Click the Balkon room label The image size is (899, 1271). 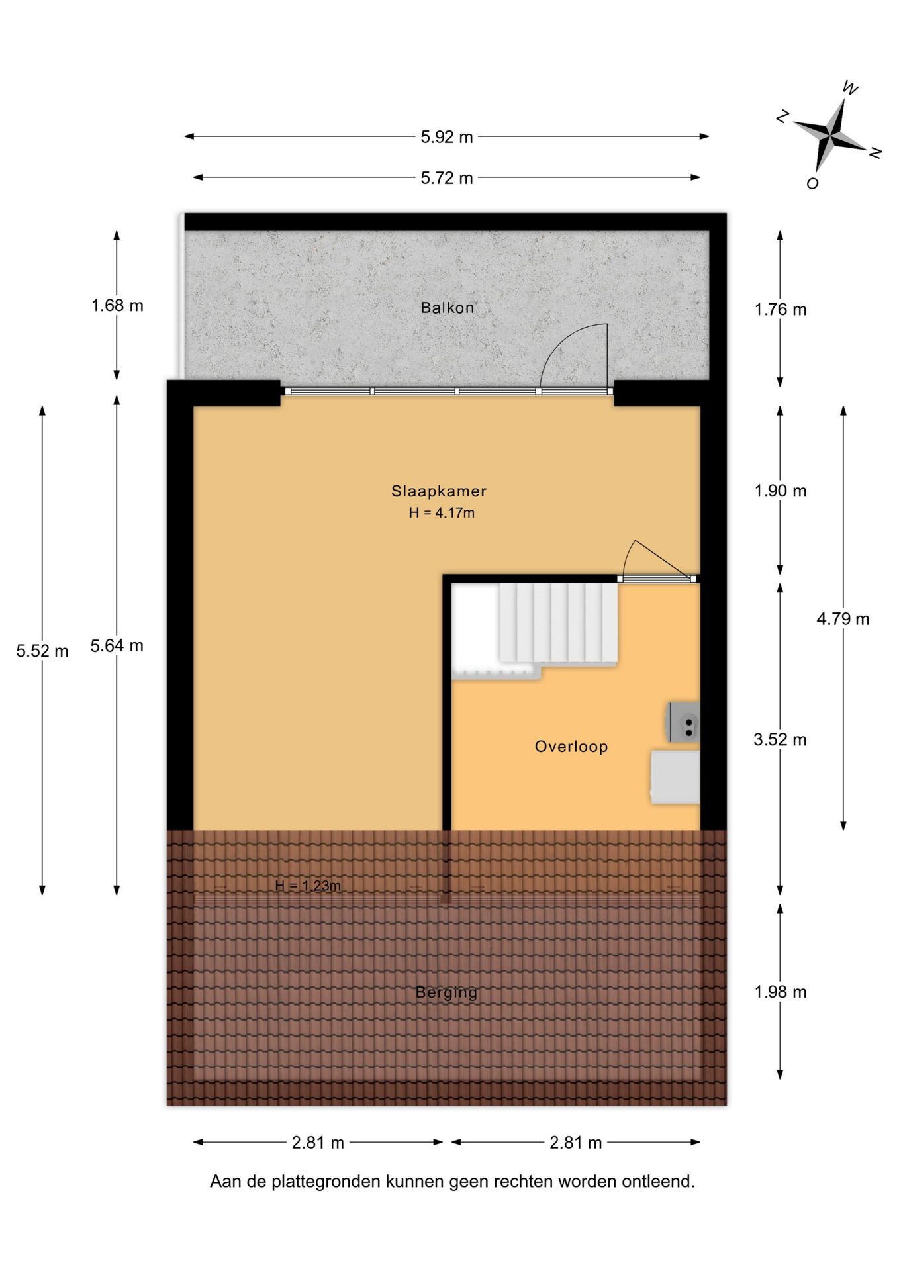point(447,308)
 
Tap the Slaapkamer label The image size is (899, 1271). point(438,491)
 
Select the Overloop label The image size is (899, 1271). point(571,747)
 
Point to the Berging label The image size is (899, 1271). point(446,992)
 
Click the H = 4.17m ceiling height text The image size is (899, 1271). point(442,513)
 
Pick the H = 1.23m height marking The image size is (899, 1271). point(308,886)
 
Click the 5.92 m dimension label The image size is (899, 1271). point(447,137)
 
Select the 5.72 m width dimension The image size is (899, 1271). point(447,178)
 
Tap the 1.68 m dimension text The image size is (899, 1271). point(117,306)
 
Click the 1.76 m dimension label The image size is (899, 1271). point(781,310)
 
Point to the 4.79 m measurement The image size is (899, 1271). point(843,619)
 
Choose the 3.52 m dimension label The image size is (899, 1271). point(781,740)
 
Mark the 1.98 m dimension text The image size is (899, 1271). point(781,992)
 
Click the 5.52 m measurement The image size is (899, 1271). point(42,651)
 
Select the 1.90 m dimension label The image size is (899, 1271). point(781,491)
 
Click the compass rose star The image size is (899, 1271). point(830,134)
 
